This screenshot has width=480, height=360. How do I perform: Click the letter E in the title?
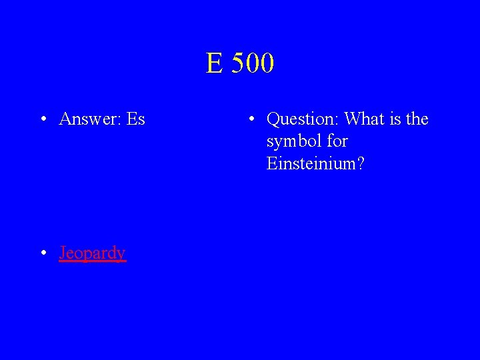click(214, 64)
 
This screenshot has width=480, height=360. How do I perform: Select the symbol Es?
click(135, 119)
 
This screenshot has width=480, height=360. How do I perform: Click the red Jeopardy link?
click(92, 253)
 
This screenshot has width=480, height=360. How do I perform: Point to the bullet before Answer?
click(42, 120)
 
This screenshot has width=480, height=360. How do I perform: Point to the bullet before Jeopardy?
click(42, 254)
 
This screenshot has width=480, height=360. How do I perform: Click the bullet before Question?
click(250, 120)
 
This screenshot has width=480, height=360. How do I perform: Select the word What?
click(364, 119)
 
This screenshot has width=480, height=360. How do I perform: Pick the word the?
click(417, 119)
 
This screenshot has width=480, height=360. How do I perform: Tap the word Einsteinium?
click(311, 164)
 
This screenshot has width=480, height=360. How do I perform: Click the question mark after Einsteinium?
click(361, 164)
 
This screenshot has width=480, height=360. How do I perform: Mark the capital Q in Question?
click(273, 120)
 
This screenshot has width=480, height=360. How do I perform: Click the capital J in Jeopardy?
click(63, 253)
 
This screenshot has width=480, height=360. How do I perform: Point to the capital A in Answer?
click(65, 119)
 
